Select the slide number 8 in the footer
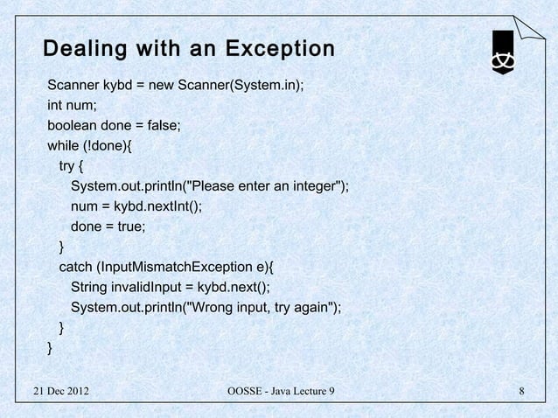click(521, 389)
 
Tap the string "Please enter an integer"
click(264, 186)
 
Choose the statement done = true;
click(108, 226)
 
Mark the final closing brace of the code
click(50, 348)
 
